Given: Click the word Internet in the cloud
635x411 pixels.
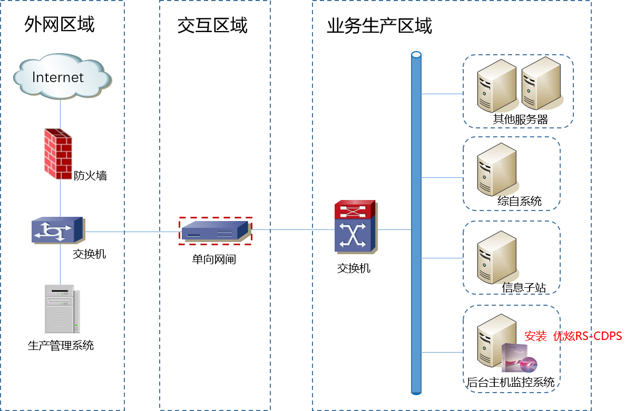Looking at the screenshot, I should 58,77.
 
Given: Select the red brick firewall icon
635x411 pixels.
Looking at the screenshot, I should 58,154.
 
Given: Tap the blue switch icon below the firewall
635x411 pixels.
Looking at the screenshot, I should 58,230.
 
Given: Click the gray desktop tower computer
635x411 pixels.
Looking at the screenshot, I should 62,309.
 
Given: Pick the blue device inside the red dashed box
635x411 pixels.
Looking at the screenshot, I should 214,231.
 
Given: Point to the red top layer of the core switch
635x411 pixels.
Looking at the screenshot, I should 356,209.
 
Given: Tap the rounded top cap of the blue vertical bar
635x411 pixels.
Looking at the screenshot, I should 416,55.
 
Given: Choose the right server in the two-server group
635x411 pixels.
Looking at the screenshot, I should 541,84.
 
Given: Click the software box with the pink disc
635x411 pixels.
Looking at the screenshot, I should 519,358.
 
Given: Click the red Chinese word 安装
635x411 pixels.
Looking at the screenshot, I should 535,336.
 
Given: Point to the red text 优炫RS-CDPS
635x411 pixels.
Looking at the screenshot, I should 588,336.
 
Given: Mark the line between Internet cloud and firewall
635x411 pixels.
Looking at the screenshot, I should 60,114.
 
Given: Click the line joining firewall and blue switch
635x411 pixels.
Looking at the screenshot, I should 60,197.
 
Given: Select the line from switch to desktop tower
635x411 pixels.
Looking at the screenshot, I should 60,263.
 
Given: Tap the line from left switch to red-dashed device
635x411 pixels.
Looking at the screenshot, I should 132,232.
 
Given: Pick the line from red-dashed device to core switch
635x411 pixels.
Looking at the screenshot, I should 292,230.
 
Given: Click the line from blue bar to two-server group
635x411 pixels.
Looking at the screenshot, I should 442,94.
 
